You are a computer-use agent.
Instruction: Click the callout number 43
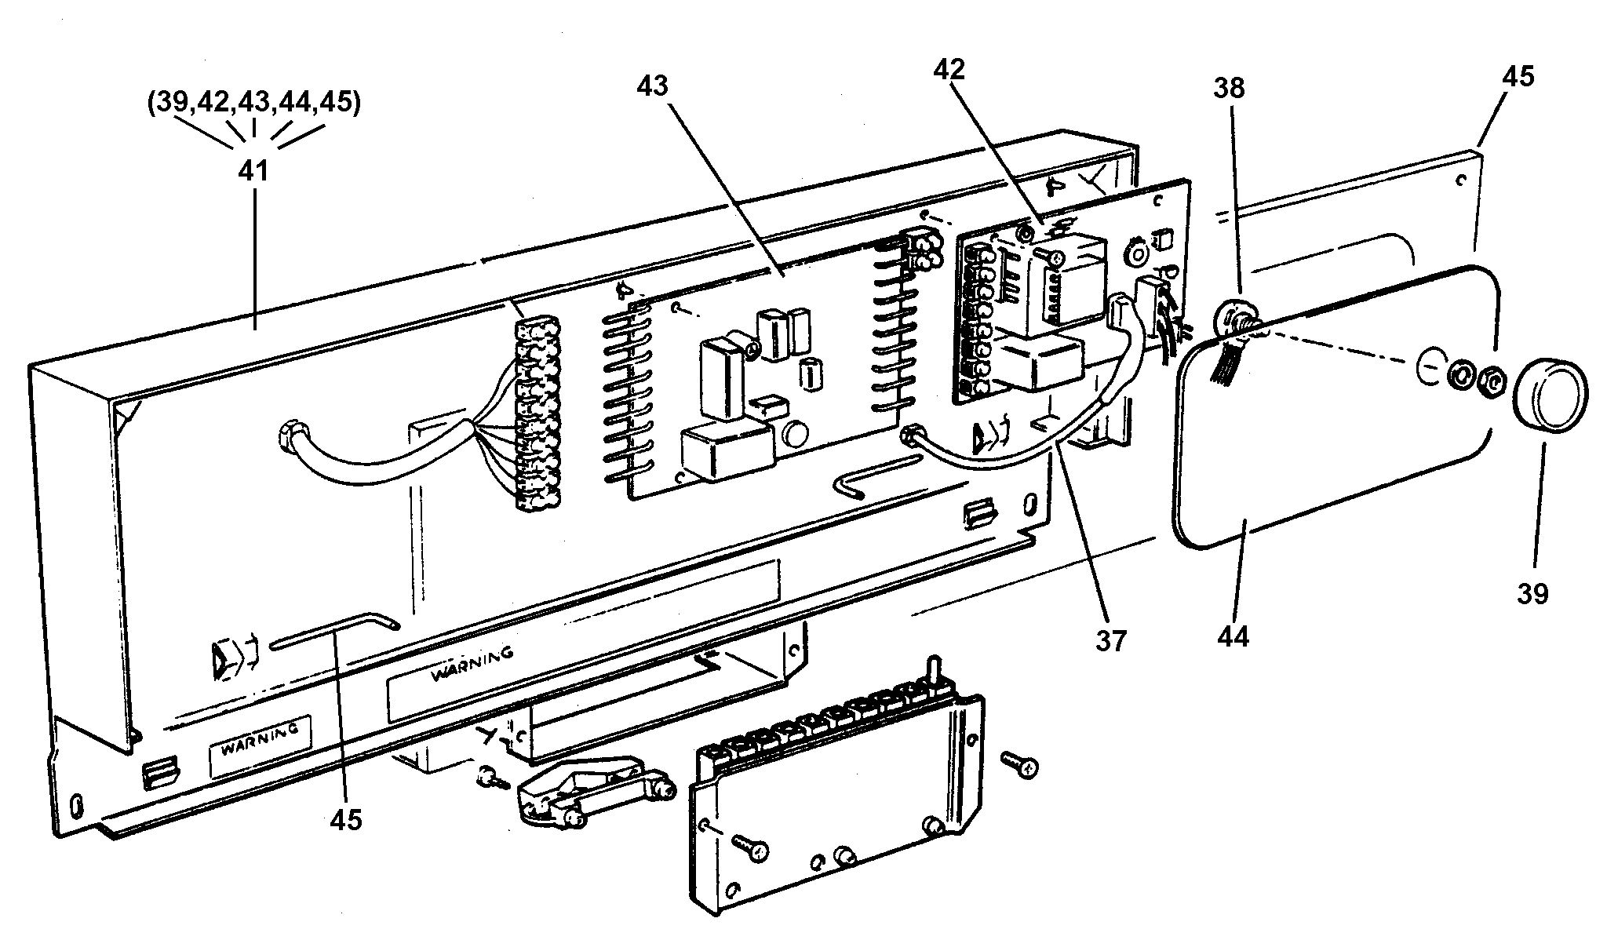point(652,85)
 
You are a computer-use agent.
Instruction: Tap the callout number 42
point(949,68)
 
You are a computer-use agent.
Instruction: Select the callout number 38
point(1229,87)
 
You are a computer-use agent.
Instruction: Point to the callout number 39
point(1532,593)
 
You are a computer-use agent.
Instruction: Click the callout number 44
point(1232,636)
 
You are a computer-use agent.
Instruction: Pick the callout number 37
point(1111,640)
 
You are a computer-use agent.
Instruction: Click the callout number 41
point(253,169)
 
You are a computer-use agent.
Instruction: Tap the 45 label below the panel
point(346,819)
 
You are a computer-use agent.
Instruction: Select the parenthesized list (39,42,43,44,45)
point(253,103)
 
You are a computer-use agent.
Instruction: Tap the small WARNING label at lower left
point(259,738)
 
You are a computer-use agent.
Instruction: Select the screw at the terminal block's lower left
point(752,847)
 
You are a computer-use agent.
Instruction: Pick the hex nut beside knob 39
point(1489,381)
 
